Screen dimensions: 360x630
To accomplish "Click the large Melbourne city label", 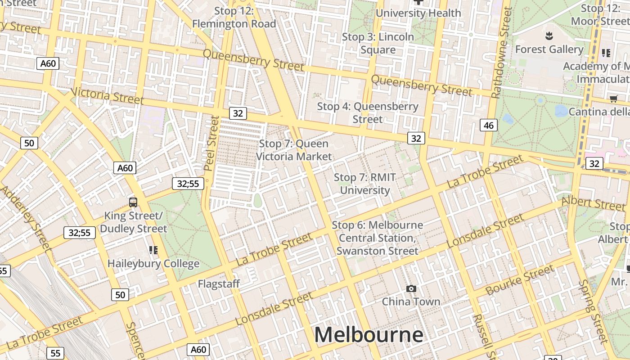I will point(369,335).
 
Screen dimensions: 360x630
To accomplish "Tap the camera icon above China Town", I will point(411,288).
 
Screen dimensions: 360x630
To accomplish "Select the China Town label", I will point(411,301).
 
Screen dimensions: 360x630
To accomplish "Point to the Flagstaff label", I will point(219,284).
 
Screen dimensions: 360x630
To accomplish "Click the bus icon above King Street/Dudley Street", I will point(133,202).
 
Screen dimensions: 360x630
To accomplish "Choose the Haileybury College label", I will point(153,264).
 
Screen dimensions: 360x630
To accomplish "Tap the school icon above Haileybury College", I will point(153,250).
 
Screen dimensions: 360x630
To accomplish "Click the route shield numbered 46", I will point(489,125).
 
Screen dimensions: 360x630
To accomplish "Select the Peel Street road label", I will point(211,143).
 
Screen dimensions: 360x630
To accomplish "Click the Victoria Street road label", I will point(107,95).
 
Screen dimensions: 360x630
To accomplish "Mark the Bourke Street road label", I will point(520,280).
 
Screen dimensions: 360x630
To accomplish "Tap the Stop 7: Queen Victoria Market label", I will point(294,150).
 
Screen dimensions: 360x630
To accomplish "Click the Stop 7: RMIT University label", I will point(364,184).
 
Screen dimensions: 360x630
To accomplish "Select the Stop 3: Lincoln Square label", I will point(378,43).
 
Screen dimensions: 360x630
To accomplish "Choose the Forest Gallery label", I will point(549,49).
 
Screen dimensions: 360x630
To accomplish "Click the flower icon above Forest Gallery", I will point(549,35).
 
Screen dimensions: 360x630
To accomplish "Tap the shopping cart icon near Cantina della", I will point(613,99).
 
